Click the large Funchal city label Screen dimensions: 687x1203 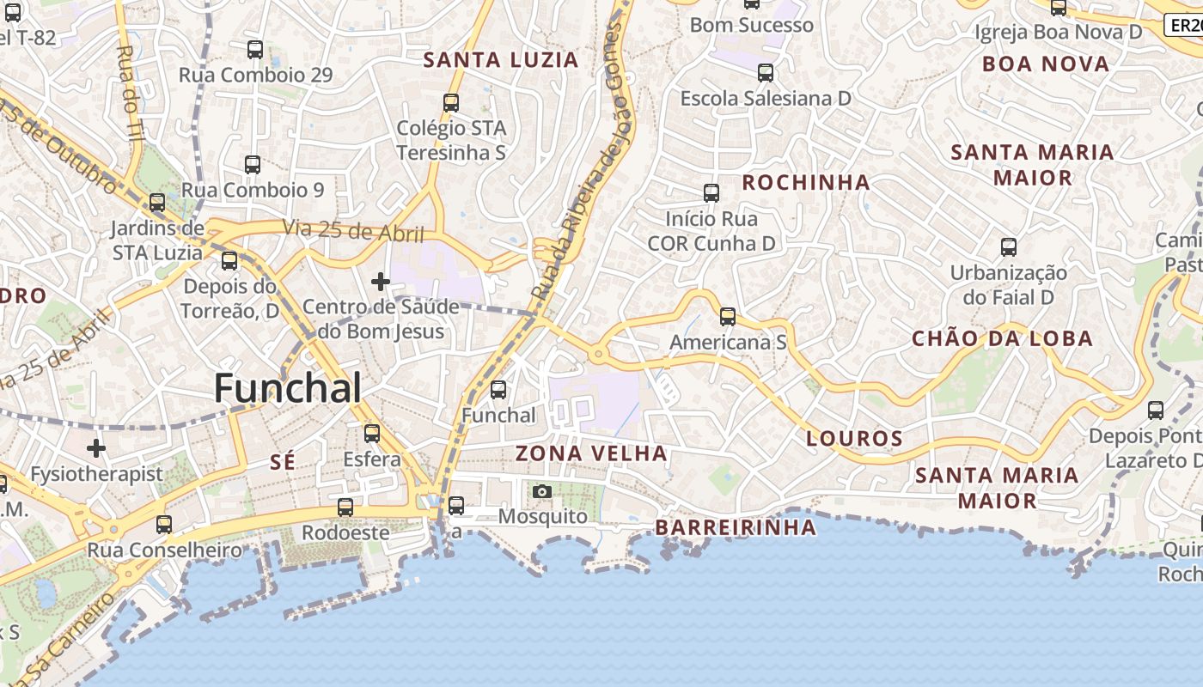click(287, 389)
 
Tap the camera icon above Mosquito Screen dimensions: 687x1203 click(541, 491)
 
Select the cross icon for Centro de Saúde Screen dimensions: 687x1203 click(380, 281)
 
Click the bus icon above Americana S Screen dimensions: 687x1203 click(728, 317)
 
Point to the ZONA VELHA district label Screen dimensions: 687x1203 click(591, 453)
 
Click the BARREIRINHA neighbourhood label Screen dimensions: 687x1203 click(736, 527)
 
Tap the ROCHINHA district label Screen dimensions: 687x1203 click(806, 183)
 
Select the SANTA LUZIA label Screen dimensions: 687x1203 click(501, 60)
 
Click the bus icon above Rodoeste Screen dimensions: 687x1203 click(345, 508)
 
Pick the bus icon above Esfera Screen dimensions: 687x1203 click(372, 434)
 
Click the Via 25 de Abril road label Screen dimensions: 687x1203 click(354, 232)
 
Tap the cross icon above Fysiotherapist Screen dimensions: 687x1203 click(96, 448)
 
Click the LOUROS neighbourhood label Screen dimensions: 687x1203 click(854, 439)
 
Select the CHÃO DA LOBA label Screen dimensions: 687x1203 click(1002, 338)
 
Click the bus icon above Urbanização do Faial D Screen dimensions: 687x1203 click(1009, 247)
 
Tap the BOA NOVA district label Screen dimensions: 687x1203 click(1046, 64)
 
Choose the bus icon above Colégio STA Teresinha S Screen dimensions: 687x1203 click(451, 103)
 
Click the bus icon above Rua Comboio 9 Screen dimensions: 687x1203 click(253, 165)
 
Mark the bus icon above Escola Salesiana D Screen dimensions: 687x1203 click(766, 73)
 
